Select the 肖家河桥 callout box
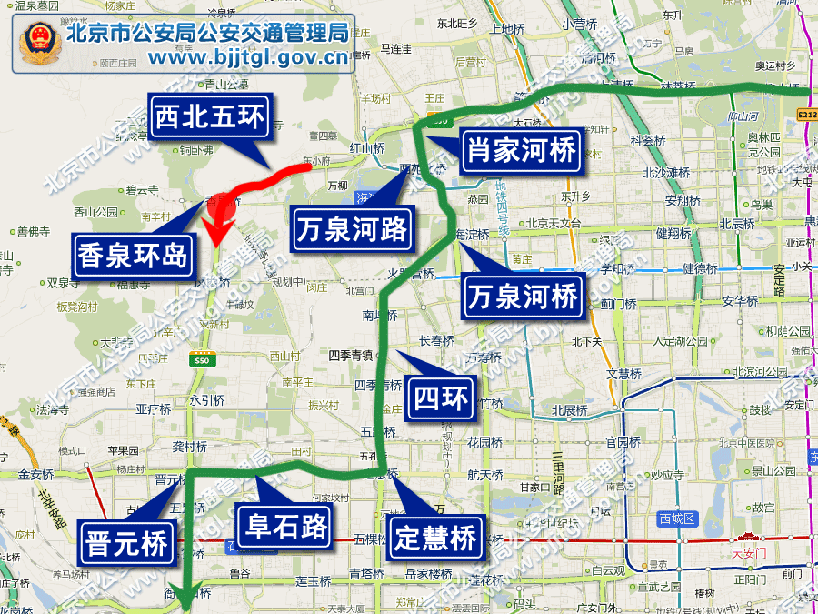pyautogui.click(x=521, y=150)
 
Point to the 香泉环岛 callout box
pyautogui.click(x=133, y=254)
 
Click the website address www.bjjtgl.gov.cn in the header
pyautogui.click(x=248, y=59)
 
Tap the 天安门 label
pyautogui.click(x=749, y=551)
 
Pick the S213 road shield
pyautogui.click(x=806, y=116)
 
